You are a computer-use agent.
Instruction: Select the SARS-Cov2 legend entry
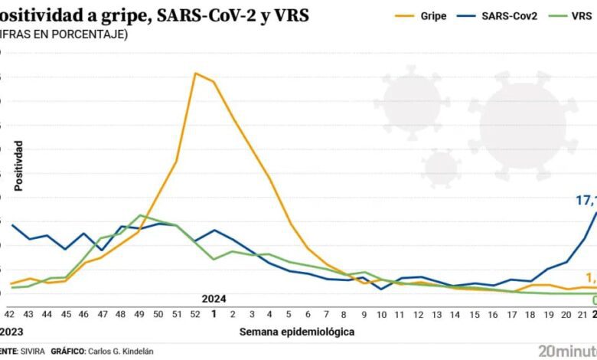pyautogui.click(x=498, y=15)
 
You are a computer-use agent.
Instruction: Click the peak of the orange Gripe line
pyautogui.click(x=196, y=74)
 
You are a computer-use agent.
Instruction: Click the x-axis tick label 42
pyautogui.click(x=10, y=315)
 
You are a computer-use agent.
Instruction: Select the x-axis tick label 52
pyautogui.click(x=196, y=315)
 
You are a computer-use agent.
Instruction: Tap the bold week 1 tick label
pyautogui.click(x=214, y=315)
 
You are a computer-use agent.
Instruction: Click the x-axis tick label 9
pyautogui.click(x=364, y=315)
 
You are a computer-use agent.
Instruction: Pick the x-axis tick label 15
pyautogui.click(x=475, y=315)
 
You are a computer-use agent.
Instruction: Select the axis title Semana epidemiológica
pyautogui.click(x=297, y=332)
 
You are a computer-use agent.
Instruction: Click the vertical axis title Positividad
pyautogui.click(x=18, y=165)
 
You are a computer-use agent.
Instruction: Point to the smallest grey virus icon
pyautogui.click(x=440, y=168)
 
